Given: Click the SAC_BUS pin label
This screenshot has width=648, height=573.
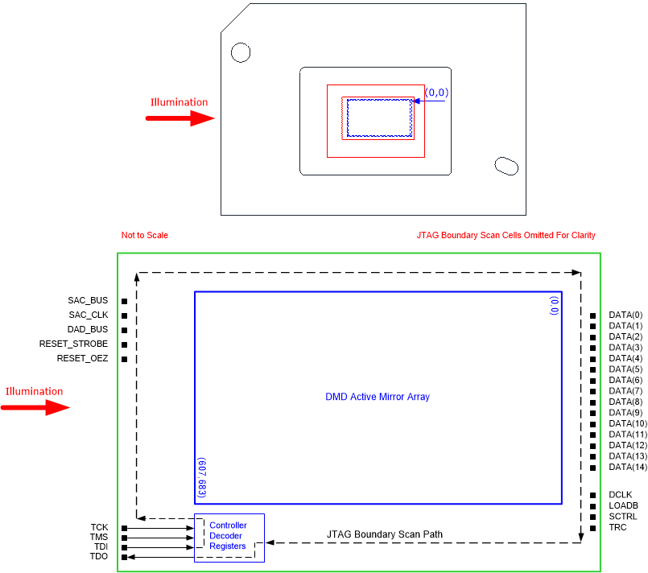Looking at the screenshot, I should click(x=89, y=300).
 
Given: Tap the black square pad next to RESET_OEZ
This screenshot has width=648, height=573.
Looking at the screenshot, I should click(x=125, y=359).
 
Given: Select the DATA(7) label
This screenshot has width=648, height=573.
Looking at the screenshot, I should click(x=625, y=390).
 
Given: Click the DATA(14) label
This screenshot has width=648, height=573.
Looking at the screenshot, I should click(x=628, y=467).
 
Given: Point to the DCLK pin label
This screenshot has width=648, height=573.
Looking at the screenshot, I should click(x=621, y=494).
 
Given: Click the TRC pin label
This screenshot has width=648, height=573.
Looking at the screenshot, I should click(x=618, y=528).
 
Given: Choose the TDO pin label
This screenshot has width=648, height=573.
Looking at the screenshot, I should click(x=98, y=557).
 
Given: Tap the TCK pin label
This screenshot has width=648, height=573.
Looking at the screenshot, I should click(x=98, y=528).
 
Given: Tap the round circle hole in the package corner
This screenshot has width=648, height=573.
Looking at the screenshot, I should click(x=241, y=52).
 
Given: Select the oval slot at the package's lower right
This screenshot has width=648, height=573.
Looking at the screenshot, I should click(x=506, y=165).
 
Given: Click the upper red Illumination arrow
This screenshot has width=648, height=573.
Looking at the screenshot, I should click(x=179, y=118).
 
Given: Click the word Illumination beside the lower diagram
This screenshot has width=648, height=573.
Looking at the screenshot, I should click(x=34, y=392).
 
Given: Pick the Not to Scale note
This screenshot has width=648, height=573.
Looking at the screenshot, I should click(x=144, y=235).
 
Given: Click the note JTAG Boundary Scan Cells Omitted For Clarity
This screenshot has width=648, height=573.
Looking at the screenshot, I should click(x=506, y=235).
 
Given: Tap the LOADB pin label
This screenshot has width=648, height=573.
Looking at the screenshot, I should click(x=623, y=505).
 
